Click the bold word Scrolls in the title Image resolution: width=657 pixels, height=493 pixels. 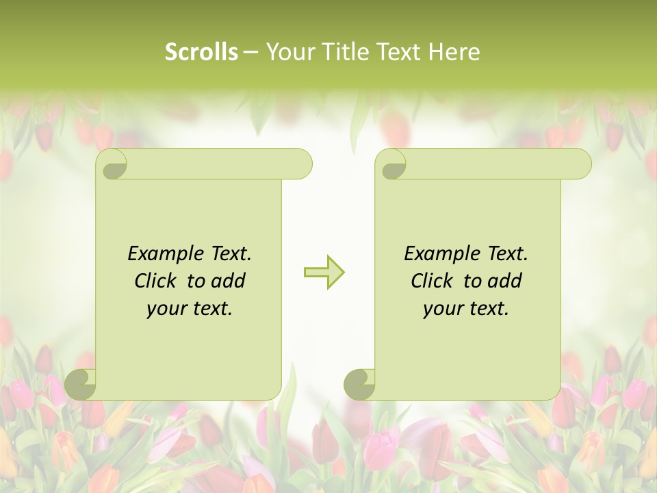pos(201,52)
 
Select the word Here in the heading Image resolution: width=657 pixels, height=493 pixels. pos(454,52)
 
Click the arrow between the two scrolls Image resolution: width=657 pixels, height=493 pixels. pos(324,272)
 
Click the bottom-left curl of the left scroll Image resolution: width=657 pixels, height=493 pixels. pos(81,384)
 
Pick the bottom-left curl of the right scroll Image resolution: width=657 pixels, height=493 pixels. pos(359,384)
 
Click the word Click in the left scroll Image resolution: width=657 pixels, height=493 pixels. pos(155,281)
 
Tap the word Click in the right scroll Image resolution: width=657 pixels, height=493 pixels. pos(431,281)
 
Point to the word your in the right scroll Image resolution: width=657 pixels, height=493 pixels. pos(441,309)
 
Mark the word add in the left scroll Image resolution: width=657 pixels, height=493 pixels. pos(229,281)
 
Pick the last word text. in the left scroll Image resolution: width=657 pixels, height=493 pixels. pos(212,309)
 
